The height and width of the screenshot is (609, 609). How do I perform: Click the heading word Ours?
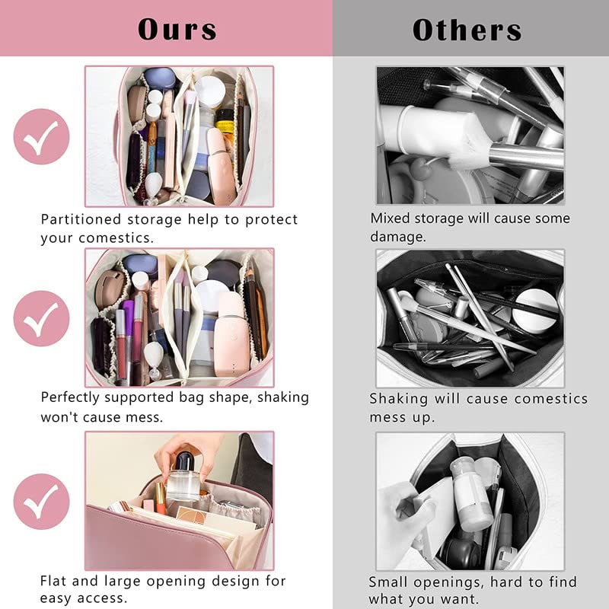point(177,29)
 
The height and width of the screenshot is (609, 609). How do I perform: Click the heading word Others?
point(467,29)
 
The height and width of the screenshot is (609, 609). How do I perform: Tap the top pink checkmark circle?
point(41,136)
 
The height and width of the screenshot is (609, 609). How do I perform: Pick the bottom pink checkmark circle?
point(41,501)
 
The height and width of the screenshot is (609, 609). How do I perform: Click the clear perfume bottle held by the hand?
point(183,478)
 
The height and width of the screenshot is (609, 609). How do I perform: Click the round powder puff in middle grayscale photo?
point(535,308)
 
